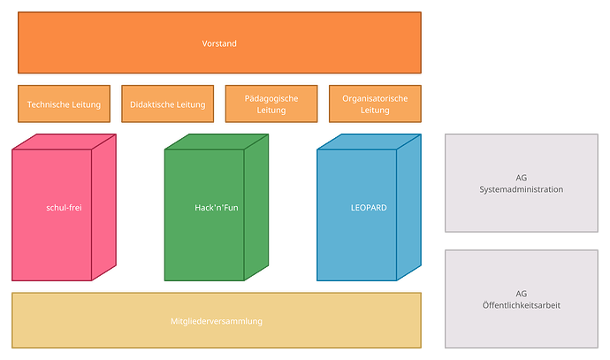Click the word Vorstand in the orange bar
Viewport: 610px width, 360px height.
click(x=219, y=43)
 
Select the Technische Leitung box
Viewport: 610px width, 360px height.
click(x=64, y=104)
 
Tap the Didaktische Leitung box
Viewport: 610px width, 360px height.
click(x=167, y=104)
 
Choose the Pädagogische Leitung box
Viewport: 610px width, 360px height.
click(x=271, y=104)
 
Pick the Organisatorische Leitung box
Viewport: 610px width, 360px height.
click(x=375, y=104)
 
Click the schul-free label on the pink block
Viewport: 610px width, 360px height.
click(x=64, y=208)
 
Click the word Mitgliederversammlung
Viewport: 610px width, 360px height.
click(x=217, y=321)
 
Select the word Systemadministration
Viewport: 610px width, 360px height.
click(x=521, y=189)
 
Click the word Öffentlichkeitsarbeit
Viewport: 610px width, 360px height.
click(x=521, y=305)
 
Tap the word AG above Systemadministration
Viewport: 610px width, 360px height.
click(x=521, y=178)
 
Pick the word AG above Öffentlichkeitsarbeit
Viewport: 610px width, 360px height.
click(x=521, y=294)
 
